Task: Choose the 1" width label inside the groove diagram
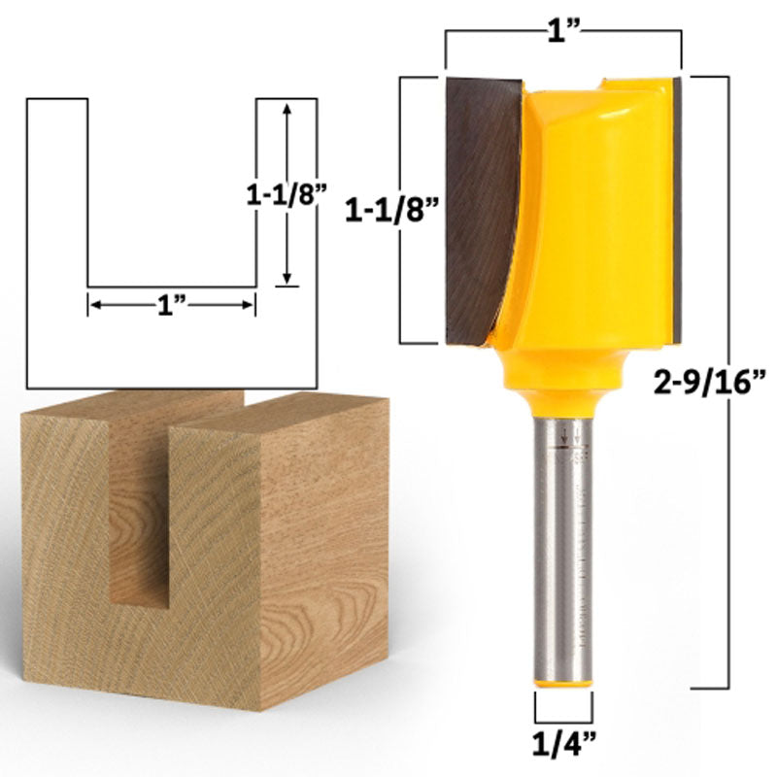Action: coord(172,304)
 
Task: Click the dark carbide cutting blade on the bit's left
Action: coord(481,204)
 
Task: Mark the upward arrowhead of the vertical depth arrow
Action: coord(286,108)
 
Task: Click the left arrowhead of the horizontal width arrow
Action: coord(95,304)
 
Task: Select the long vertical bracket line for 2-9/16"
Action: coord(728,379)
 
